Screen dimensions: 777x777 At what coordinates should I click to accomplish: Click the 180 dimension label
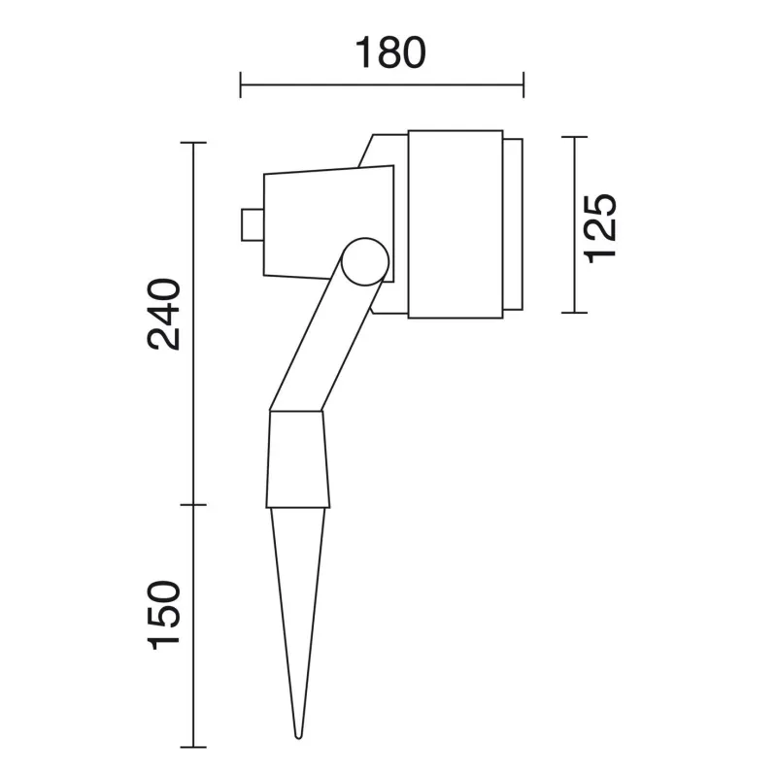pos(390,52)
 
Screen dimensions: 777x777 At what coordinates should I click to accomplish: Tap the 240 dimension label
pos(164,314)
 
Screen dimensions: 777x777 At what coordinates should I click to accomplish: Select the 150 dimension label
pos(164,615)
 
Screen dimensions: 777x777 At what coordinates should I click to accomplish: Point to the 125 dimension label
pos(600,228)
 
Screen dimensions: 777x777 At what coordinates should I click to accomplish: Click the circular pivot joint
pos(365,261)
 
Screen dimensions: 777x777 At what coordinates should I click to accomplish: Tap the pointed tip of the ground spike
pos(298,737)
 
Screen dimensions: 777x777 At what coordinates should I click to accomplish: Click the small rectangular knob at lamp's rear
pos(253,225)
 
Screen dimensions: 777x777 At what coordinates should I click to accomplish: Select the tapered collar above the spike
pos(298,459)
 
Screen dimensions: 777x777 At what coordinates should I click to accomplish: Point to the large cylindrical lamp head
pos(456,224)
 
